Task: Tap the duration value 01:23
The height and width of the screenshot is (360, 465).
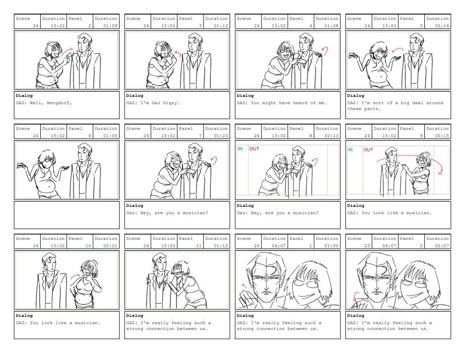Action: coord(221,136)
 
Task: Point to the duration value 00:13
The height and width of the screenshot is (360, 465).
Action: coord(331,136)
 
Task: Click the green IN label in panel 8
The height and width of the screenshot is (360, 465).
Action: coord(240,149)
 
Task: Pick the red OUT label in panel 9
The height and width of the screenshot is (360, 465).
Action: coord(368,149)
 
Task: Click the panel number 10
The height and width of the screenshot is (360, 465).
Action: coord(88,246)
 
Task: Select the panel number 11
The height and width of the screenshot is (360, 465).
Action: coord(199,246)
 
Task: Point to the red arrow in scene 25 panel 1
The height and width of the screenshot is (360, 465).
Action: coord(244,286)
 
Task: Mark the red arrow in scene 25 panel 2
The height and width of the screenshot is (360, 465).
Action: coord(356,296)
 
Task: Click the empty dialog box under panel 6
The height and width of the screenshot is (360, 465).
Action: coord(67,215)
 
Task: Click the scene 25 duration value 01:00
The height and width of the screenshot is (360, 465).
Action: coord(331,246)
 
